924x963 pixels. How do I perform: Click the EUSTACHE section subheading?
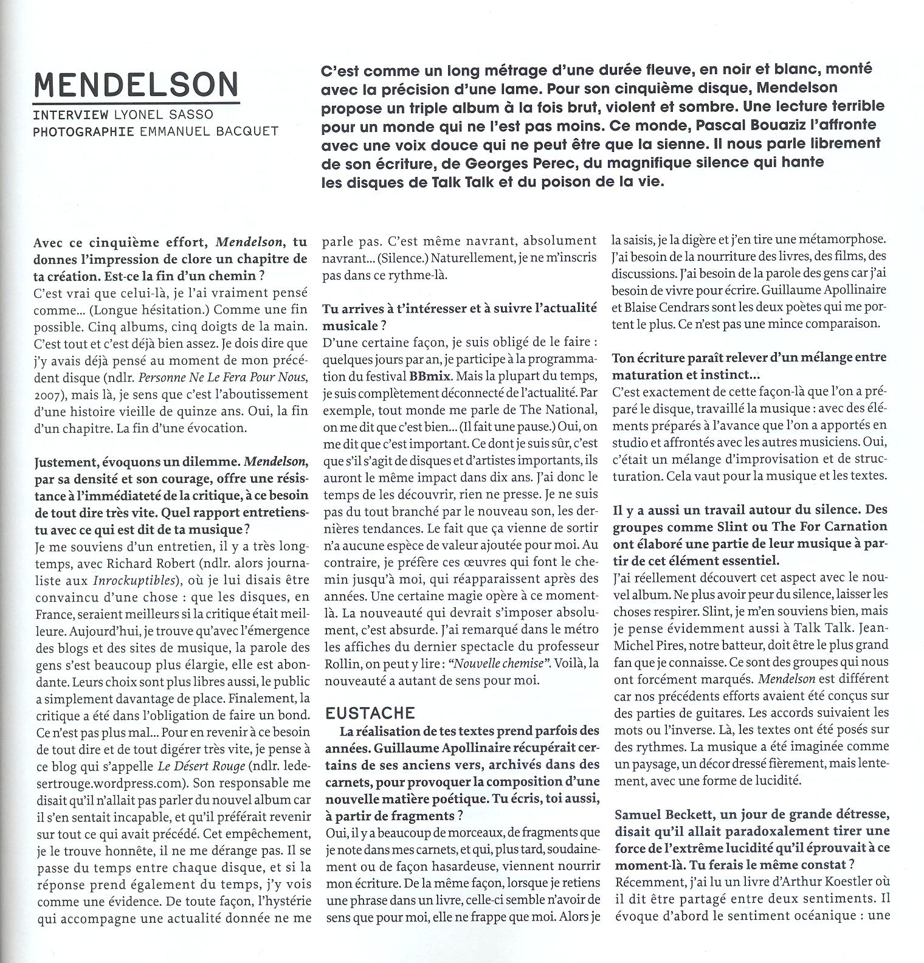(370, 713)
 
